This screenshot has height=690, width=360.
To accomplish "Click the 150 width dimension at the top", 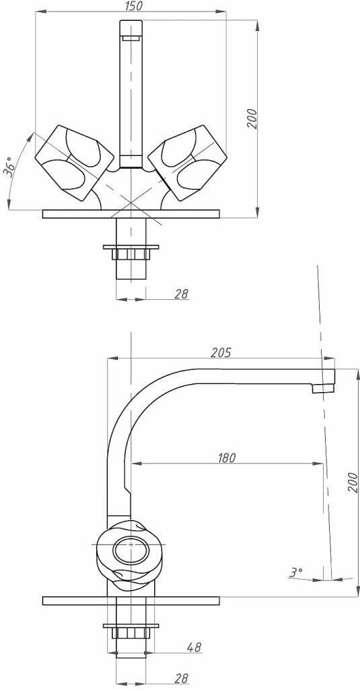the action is [x=131, y=6].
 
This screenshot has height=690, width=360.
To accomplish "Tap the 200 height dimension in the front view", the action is [x=252, y=118].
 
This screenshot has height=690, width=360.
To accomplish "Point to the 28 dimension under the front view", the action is [x=181, y=294].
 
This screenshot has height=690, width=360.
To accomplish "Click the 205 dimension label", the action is [x=221, y=352].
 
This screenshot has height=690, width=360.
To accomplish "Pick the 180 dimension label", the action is [x=227, y=458].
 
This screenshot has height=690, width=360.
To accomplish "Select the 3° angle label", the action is [x=295, y=572].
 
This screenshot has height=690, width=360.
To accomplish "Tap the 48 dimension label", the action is [x=194, y=647].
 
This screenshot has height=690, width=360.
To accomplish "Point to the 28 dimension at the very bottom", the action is [x=181, y=678].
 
